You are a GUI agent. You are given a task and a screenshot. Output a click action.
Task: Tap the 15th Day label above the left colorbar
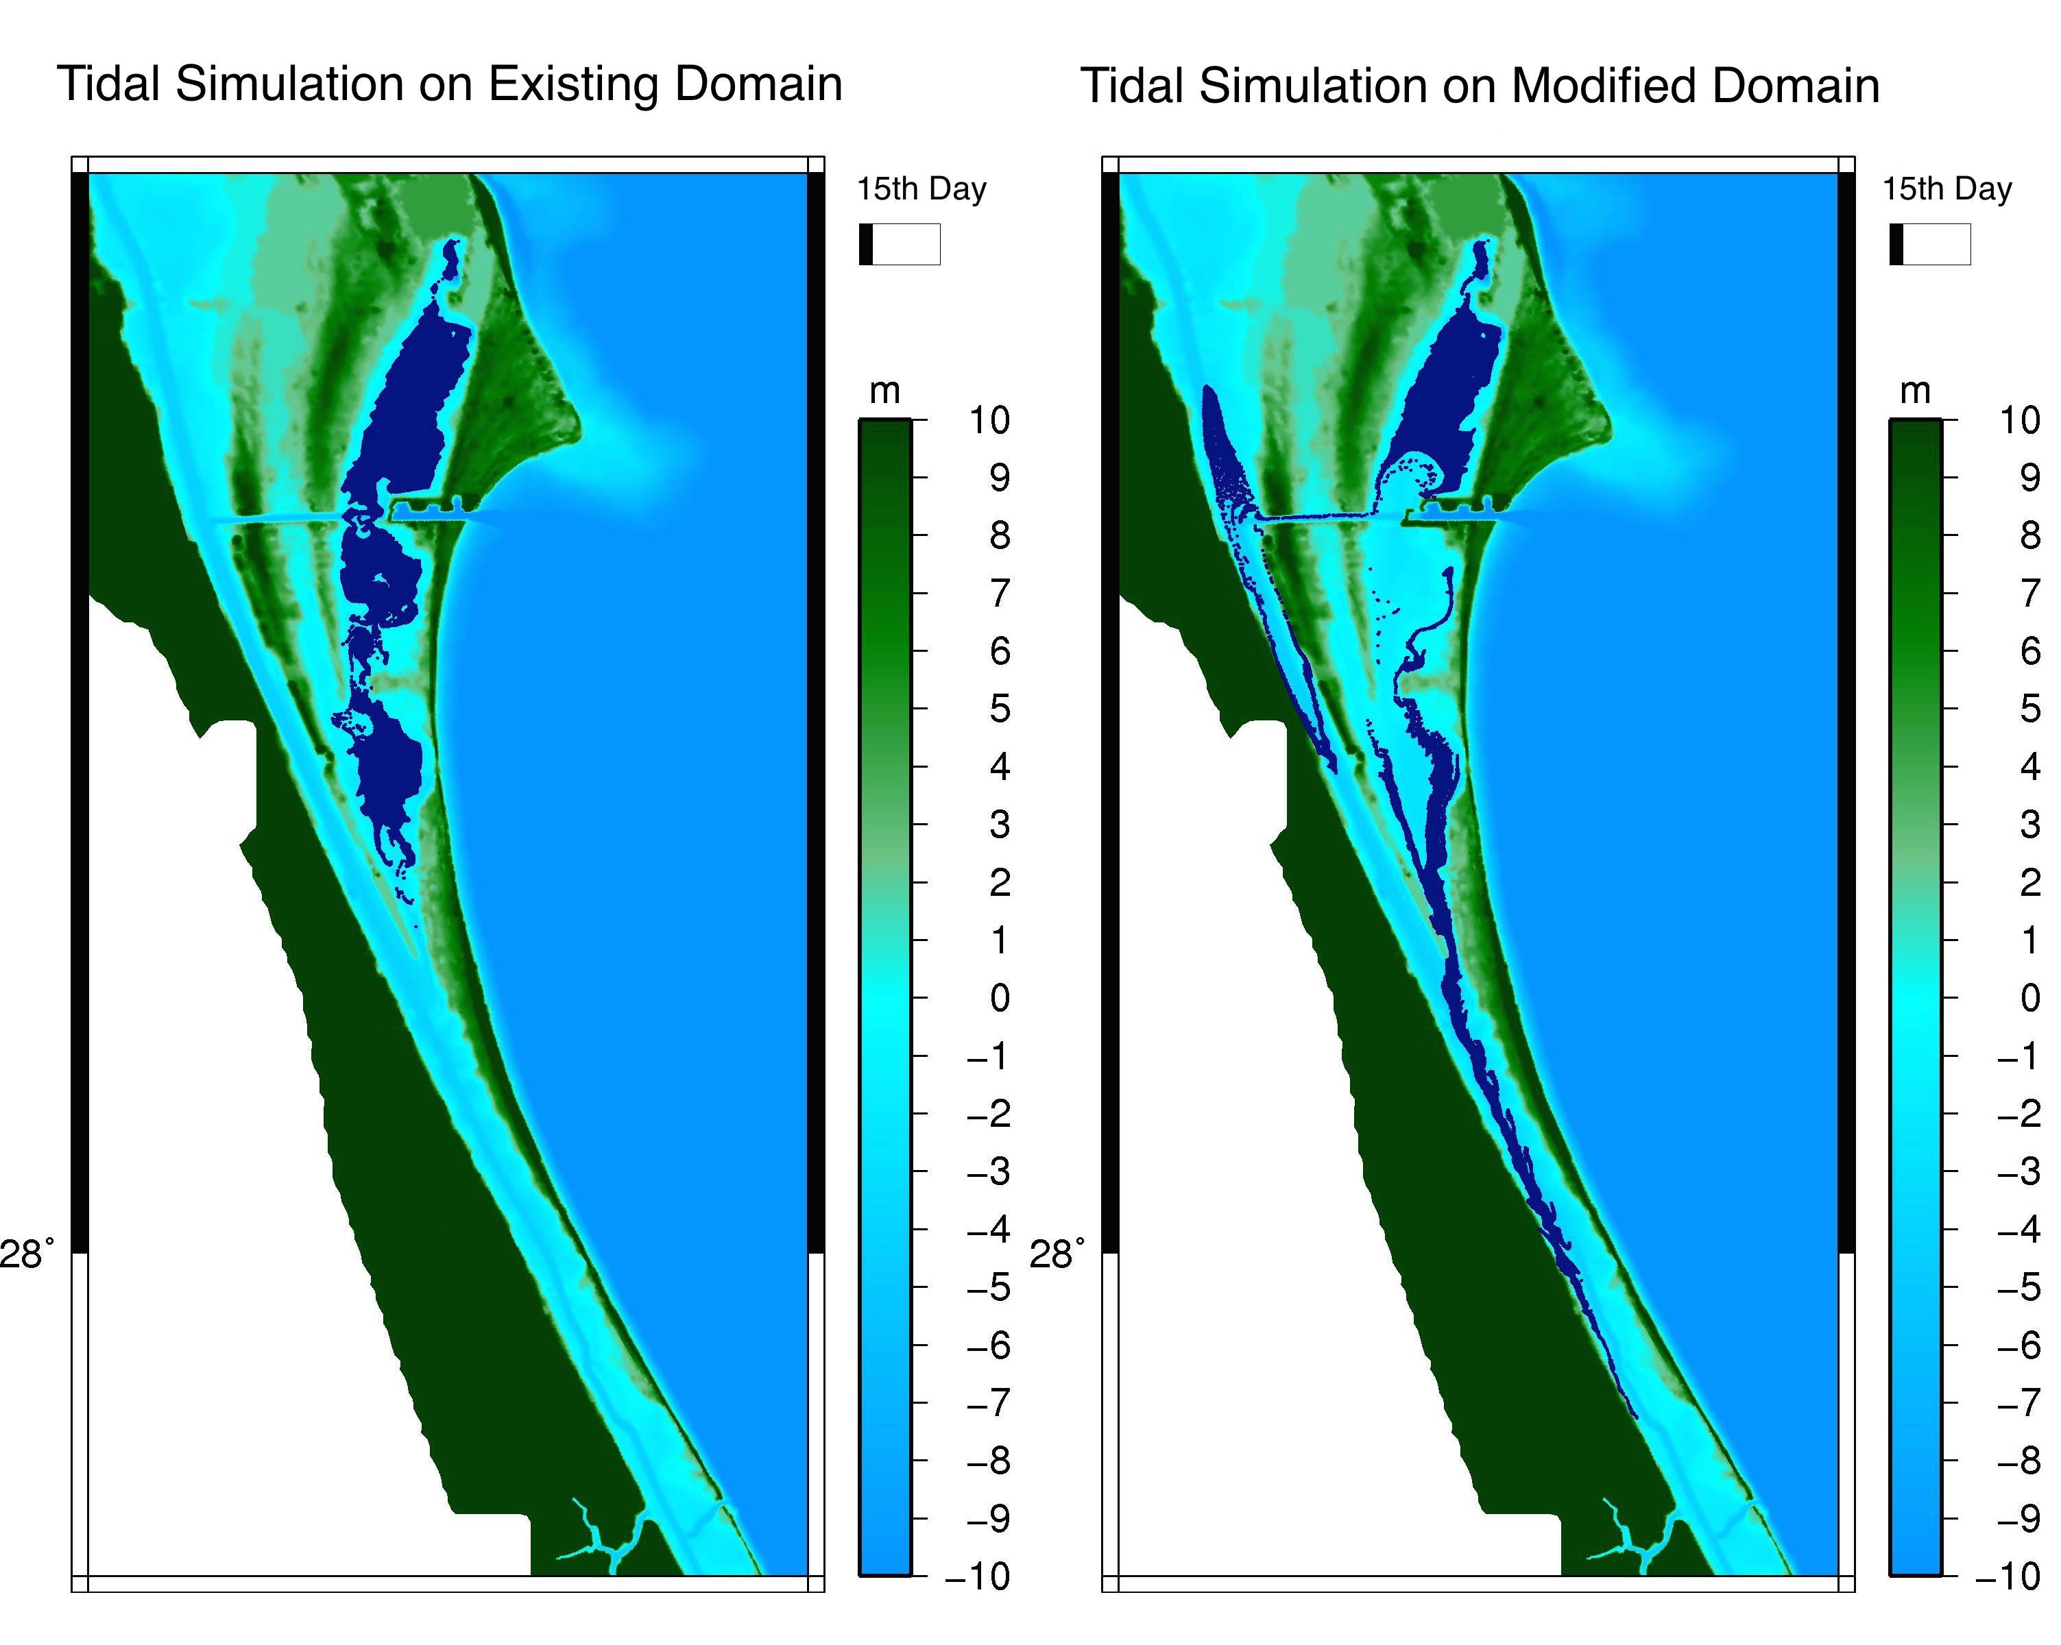point(921,189)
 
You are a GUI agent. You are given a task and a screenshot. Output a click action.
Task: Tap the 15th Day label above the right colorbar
point(1947,189)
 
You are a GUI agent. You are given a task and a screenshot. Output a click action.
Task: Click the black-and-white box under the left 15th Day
point(900,244)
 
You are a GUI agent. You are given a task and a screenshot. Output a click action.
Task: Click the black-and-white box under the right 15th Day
point(1930,244)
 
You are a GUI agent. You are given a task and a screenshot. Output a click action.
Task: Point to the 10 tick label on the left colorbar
point(989,419)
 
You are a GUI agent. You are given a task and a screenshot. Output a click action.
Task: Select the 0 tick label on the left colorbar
point(1000,998)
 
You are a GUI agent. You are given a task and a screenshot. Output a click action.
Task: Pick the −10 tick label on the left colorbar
point(978,1576)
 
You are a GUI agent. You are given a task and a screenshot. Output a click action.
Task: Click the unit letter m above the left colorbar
point(885,392)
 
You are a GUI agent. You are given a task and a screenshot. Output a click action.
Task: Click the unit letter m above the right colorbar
point(1916,392)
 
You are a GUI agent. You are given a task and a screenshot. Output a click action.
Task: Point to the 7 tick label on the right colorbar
point(2030,594)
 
